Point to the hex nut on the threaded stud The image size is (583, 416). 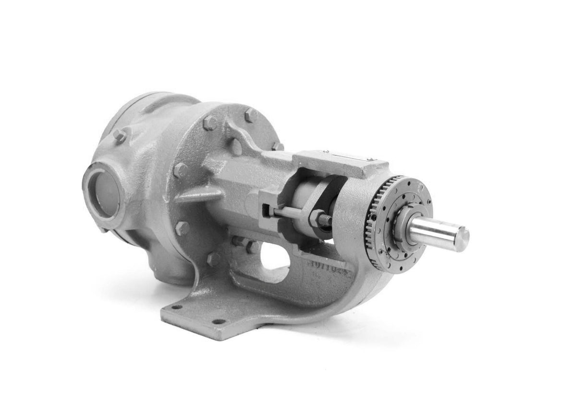(x=316, y=218)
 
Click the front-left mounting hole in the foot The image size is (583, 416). (x=178, y=307)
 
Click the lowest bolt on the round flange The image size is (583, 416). (x=214, y=260)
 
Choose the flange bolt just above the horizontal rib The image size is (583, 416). (x=181, y=169)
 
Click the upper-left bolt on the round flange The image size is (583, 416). (x=210, y=123)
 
